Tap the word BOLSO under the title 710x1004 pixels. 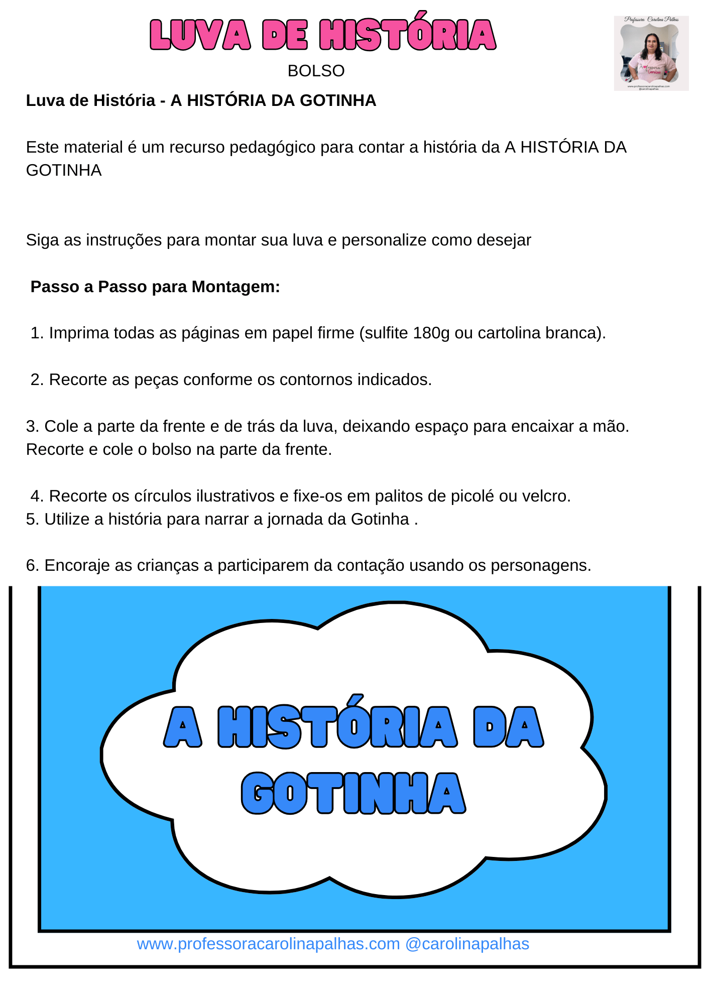(x=316, y=71)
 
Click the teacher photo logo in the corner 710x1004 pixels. (x=651, y=53)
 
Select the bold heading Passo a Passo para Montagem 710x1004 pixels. (x=155, y=287)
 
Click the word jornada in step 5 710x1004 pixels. (x=295, y=519)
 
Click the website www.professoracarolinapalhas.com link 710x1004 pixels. (x=268, y=944)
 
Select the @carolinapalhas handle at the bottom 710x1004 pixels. (x=467, y=944)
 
